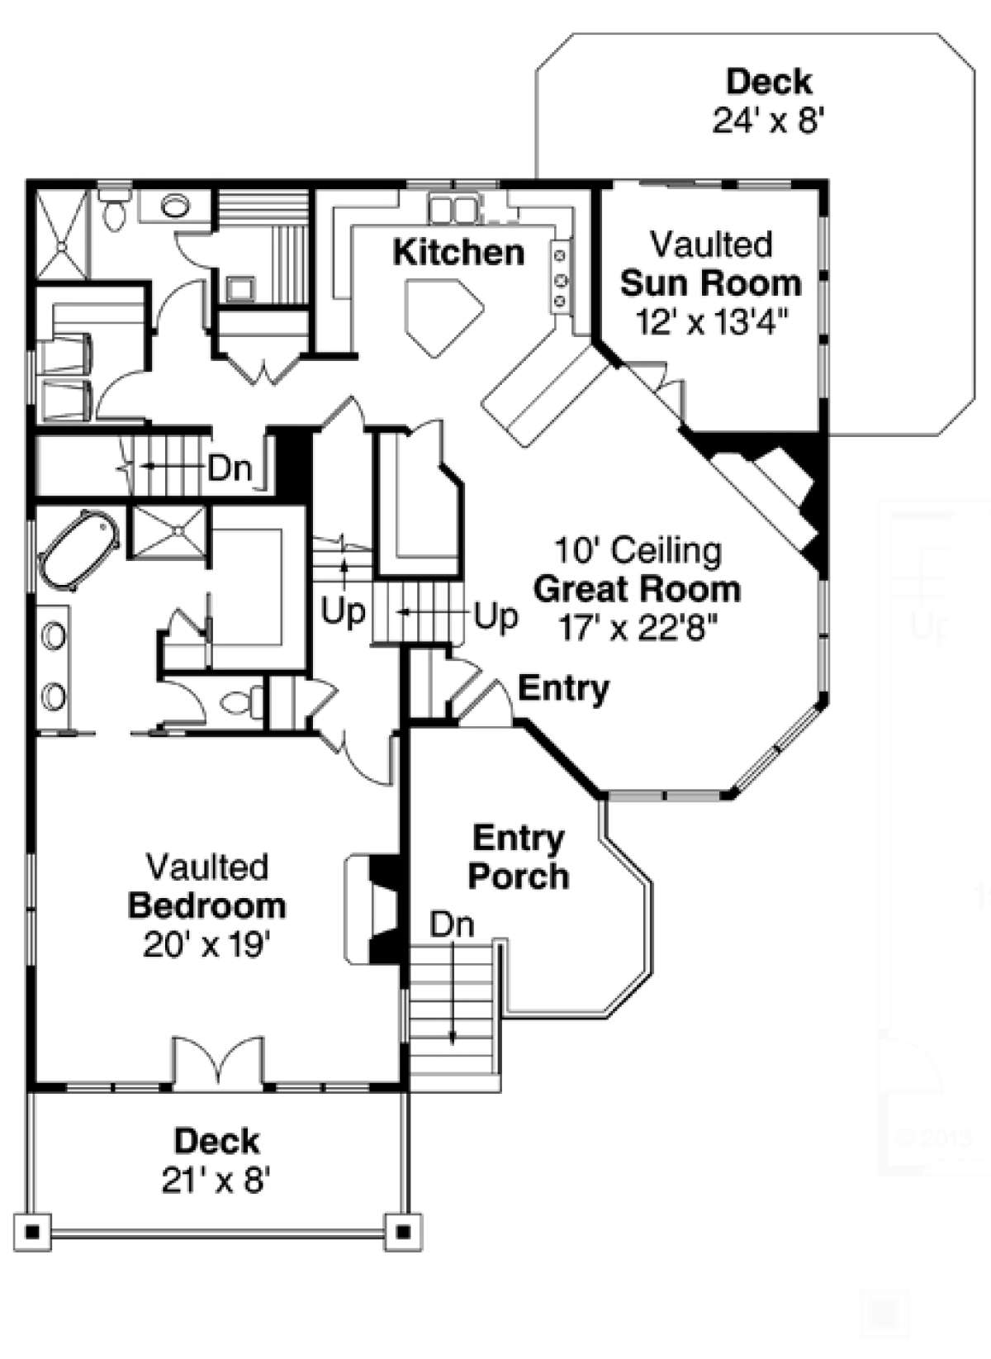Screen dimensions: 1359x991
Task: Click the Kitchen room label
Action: tap(458, 252)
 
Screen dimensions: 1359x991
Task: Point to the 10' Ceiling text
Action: tap(638, 550)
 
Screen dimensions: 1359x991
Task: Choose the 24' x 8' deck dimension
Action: tap(768, 121)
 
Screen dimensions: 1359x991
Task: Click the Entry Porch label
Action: tap(519, 858)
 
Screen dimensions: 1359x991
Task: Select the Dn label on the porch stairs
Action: tap(452, 925)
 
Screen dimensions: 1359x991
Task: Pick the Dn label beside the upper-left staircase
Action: tap(229, 468)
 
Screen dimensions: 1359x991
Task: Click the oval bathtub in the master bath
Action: tap(79, 549)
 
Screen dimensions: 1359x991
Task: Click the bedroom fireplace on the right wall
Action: tap(377, 909)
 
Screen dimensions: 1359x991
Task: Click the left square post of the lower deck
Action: tap(33, 1232)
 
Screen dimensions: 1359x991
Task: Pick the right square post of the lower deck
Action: tap(402, 1232)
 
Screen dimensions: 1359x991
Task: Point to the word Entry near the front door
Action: tap(563, 687)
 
